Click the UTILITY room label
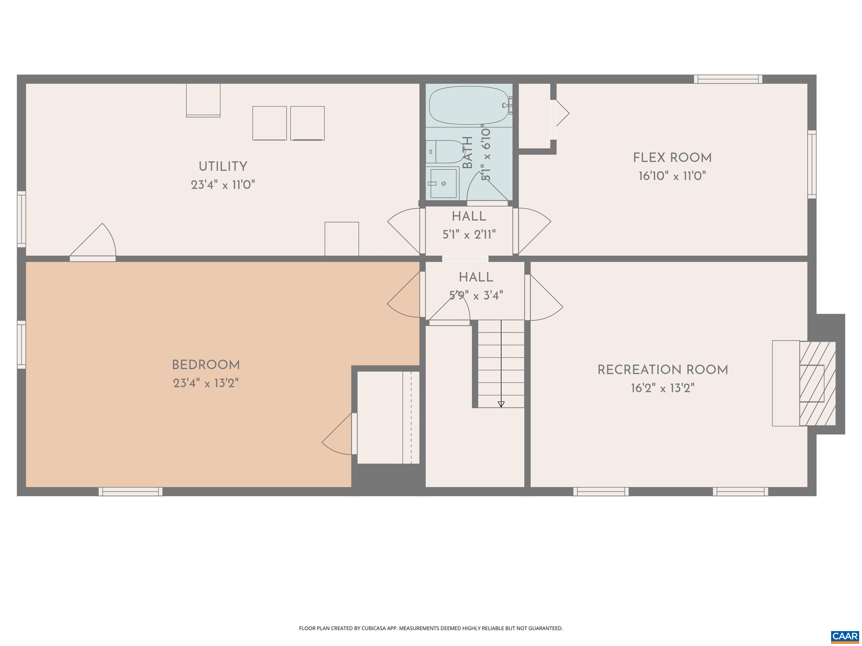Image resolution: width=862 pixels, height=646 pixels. coord(223,167)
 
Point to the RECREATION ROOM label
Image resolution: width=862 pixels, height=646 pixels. coord(662,370)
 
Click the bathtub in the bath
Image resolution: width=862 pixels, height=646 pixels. coord(469,105)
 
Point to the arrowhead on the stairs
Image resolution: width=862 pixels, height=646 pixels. coord(501,404)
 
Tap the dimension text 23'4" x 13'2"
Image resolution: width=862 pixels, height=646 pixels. coord(206,384)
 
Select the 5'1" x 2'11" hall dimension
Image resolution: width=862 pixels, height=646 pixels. coord(469,235)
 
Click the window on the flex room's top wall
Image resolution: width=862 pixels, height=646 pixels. coord(728,79)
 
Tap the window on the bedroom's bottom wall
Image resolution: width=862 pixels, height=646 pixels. coord(130,492)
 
